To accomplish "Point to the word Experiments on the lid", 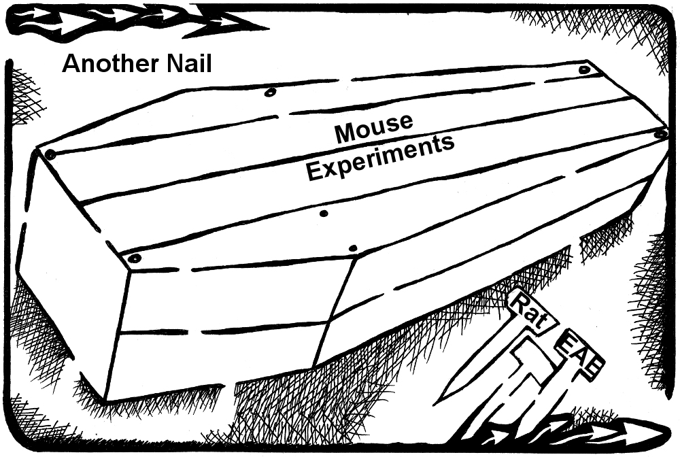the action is [379, 158].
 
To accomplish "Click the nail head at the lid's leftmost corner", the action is [50, 154].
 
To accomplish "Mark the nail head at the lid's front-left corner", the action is [135, 258].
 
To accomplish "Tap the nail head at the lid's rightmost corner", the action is [660, 134].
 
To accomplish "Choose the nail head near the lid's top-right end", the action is [584, 70].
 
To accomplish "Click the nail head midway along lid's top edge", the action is [269, 92].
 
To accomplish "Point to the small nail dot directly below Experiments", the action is [324, 213].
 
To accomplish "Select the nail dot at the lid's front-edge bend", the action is [352, 248].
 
